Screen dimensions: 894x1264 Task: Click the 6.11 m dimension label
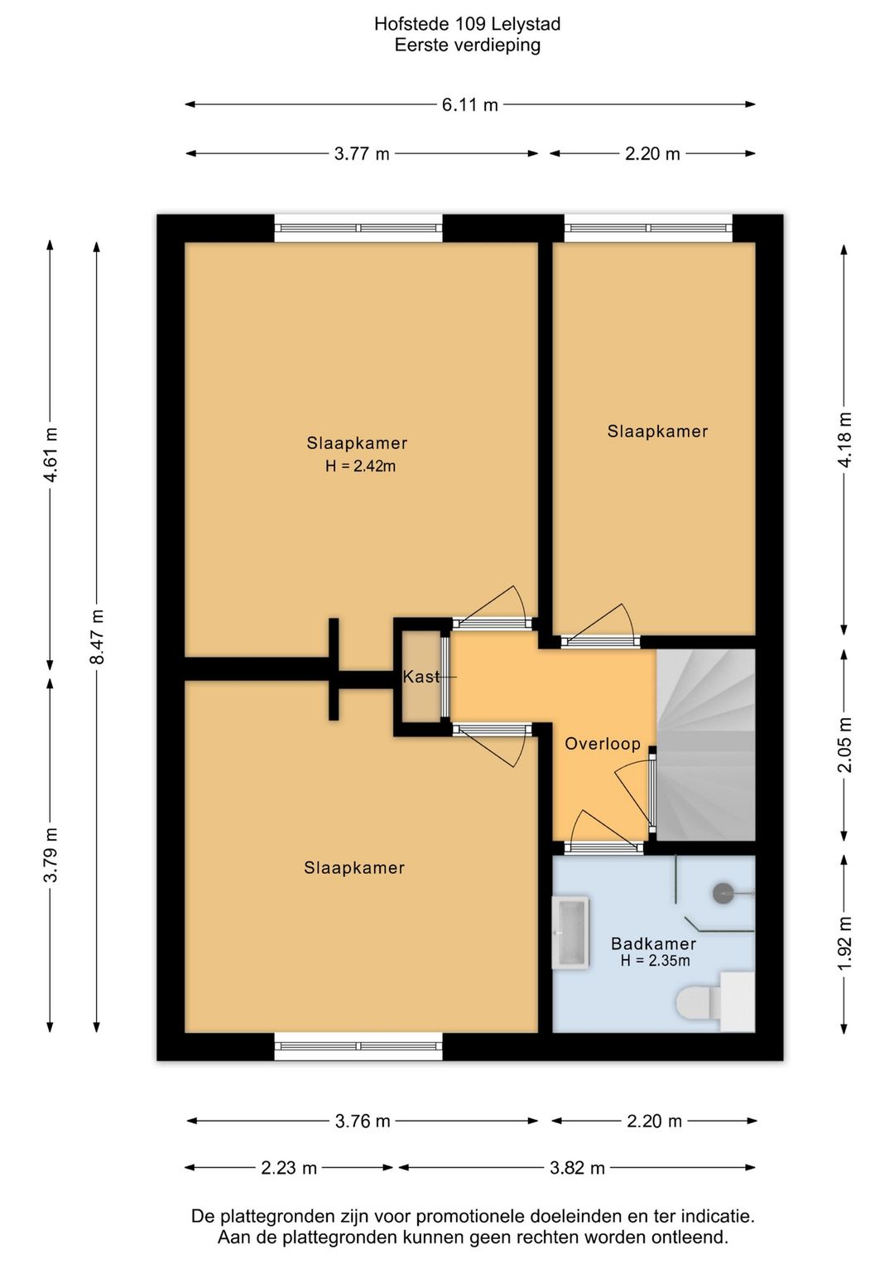470,105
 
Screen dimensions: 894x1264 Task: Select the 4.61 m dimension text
50,454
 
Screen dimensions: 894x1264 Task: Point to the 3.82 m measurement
577,1168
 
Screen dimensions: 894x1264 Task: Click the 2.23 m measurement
289,1168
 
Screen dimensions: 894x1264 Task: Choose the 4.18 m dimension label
844,439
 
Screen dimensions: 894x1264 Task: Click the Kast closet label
421,677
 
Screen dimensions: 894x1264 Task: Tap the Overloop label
603,744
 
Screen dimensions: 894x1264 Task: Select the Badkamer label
653,943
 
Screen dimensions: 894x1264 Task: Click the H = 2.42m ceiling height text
360,466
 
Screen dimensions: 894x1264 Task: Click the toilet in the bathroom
715,1001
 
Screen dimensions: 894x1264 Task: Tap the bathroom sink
571,932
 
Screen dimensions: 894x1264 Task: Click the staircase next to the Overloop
705,745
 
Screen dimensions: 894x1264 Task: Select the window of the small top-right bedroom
648,228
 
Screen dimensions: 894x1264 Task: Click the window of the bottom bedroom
358,1045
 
